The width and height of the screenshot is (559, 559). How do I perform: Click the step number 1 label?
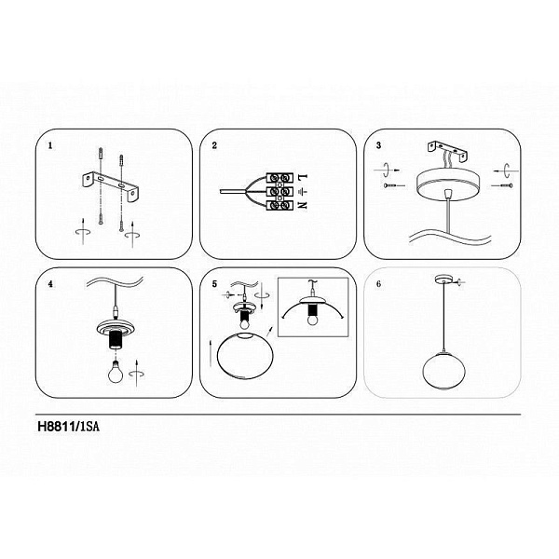(50, 146)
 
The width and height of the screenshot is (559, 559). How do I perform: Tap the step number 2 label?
(214, 145)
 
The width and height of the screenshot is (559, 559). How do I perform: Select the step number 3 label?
(378, 145)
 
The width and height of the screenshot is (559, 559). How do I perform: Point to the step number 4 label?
(50, 284)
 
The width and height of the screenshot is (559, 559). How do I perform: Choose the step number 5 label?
(214, 284)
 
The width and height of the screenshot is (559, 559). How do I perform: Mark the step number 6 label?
(378, 284)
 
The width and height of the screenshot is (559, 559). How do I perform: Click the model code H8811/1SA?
(68, 427)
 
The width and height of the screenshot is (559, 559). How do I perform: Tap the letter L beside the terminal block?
(302, 177)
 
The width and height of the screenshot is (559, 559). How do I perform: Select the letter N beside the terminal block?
(302, 206)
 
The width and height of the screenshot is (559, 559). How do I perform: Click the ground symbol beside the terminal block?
(302, 192)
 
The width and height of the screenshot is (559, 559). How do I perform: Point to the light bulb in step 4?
(116, 372)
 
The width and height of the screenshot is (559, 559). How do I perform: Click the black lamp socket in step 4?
(116, 340)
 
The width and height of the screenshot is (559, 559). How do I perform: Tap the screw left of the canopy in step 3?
(394, 185)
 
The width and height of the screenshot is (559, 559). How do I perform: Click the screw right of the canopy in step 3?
(502, 185)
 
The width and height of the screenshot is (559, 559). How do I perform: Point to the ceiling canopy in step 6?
(443, 279)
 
